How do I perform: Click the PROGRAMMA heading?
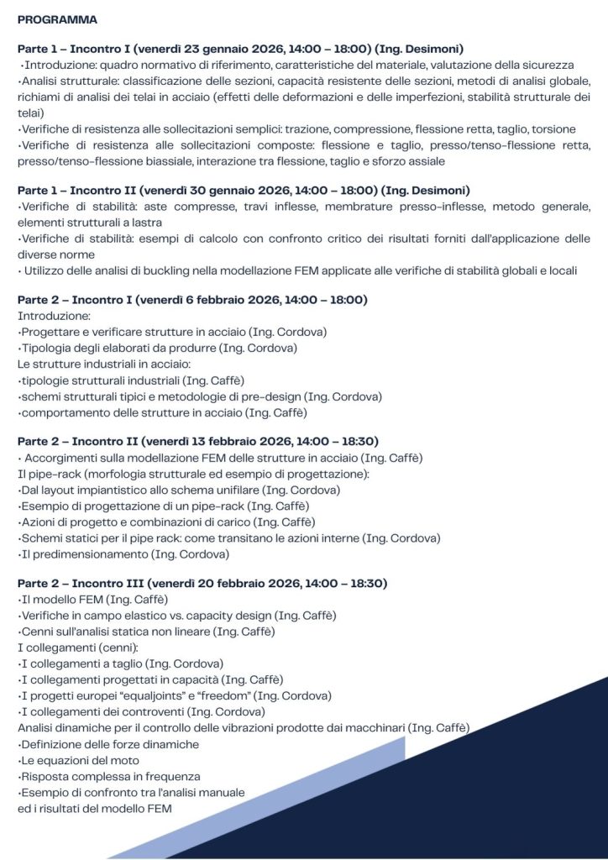57,18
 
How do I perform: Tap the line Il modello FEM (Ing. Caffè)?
93,599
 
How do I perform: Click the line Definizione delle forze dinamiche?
107,743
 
